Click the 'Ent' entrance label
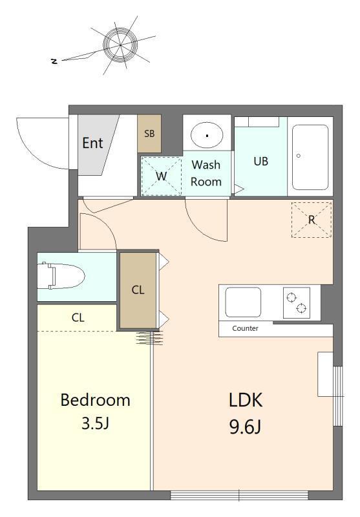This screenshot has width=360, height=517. click(x=92, y=143)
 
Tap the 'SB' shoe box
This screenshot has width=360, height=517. click(x=149, y=134)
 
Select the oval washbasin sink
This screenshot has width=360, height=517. click(x=207, y=135)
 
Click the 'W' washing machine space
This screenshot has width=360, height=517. click(x=161, y=176)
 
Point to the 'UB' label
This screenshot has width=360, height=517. click(x=260, y=161)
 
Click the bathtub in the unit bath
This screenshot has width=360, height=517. click(x=310, y=157)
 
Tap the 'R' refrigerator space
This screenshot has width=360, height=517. click(x=312, y=220)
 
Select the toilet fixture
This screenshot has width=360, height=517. click(x=61, y=276)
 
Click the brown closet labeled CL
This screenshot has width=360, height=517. click(x=138, y=290)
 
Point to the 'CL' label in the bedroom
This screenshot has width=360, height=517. click(x=78, y=317)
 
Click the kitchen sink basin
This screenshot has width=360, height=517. click(x=243, y=302)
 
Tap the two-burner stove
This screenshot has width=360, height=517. click(x=297, y=302)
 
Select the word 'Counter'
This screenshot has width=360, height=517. click(x=245, y=328)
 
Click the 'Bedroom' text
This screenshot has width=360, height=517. click(x=95, y=400)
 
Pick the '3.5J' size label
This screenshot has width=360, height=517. click(x=95, y=423)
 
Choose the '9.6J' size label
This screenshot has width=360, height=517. click(x=245, y=428)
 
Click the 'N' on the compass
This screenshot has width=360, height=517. click(x=54, y=61)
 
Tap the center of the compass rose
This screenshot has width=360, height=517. click(x=120, y=45)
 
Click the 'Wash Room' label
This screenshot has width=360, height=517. click(x=206, y=173)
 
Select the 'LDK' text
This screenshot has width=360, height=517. click(x=246, y=400)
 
